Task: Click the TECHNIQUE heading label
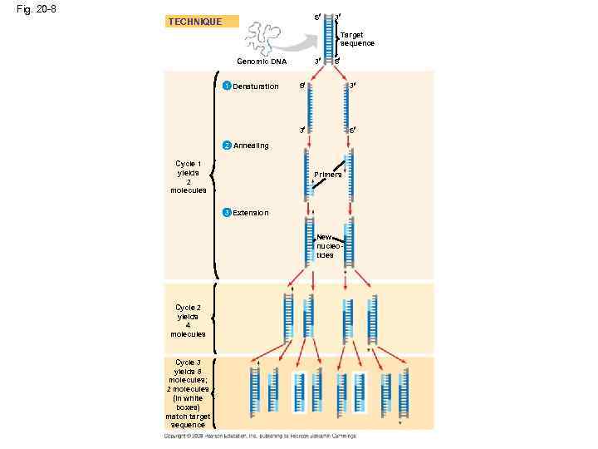[x=195, y=22]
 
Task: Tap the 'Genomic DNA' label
[x=262, y=62]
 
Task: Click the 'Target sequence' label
[x=357, y=39]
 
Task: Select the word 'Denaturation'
[x=256, y=86]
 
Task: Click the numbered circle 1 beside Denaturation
[x=227, y=86]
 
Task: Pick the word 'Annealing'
[x=252, y=146]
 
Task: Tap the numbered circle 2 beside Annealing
[x=227, y=145]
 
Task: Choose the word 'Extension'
[x=251, y=213]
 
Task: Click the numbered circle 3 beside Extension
[x=227, y=213]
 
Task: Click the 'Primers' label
[x=328, y=175]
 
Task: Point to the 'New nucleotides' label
[x=325, y=246]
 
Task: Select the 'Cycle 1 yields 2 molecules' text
[x=188, y=176]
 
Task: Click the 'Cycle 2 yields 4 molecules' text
[x=188, y=321]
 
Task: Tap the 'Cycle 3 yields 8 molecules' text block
[x=188, y=393]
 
